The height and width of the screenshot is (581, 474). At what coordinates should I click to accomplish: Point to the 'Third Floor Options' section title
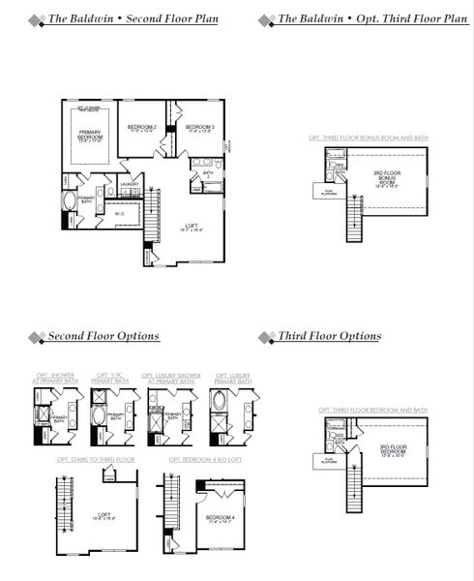[x=330, y=337]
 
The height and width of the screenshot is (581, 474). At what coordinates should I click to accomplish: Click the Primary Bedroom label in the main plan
[x=92, y=137]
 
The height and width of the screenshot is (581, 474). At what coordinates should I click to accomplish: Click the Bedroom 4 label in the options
[x=219, y=519]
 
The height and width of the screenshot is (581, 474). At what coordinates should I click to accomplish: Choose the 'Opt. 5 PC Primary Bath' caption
[x=107, y=380]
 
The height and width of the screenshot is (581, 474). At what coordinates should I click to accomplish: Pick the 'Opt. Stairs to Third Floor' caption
[x=96, y=458]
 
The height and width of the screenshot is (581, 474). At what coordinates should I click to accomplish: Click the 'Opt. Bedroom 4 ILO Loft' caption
[x=205, y=458]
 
